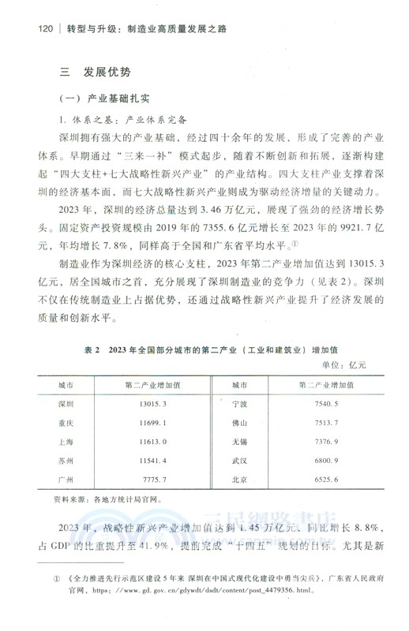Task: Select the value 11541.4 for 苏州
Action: pos(152,459)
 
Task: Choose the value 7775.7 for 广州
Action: pos(152,479)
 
